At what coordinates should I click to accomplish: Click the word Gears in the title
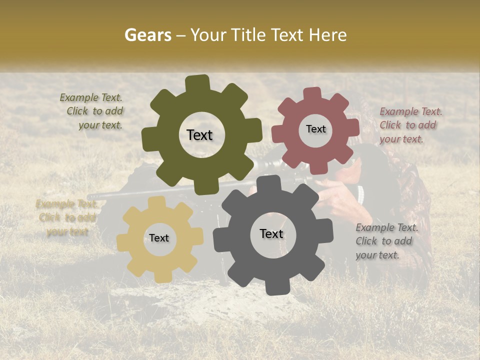tap(147, 35)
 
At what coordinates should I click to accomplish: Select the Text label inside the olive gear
tap(199, 135)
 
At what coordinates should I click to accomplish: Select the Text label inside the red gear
tap(315, 129)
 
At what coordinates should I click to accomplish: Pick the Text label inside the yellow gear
tap(159, 238)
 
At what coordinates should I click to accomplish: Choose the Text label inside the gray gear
tap(271, 233)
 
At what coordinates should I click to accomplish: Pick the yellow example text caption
tap(66, 217)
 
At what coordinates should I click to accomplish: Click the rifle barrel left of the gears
tap(107, 195)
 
